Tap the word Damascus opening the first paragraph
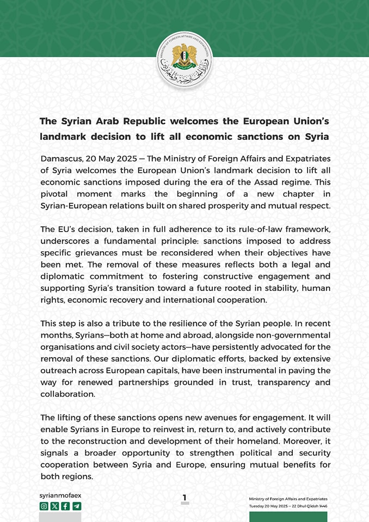(62, 158)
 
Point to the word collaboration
(67, 394)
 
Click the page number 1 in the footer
(184, 497)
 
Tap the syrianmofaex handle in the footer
(60, 496)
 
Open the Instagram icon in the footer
(44, 506)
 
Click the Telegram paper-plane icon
(77, 506)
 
